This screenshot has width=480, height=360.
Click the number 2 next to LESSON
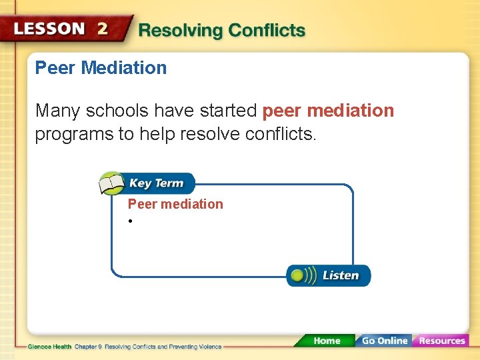pos(102,29)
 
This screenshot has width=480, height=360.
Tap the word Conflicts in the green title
pos(267,31)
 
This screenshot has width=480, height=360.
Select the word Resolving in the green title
pos(180,31)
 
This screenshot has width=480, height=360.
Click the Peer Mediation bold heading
pos(101,67)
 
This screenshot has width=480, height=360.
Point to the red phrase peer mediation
pos(329,110)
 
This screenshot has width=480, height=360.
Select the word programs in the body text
pos(74,134)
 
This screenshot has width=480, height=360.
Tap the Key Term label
pos(156,183)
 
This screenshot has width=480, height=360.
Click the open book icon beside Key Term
pos(111,183)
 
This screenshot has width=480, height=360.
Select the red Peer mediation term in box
pos(175,204)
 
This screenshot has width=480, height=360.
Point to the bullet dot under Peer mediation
pos(132,221)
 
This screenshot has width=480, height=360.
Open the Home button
pos(327,341)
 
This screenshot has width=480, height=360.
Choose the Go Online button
pos(384,341)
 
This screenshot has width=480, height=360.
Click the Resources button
pos(441,341)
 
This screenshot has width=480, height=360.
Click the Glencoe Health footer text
pos(50,347)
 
